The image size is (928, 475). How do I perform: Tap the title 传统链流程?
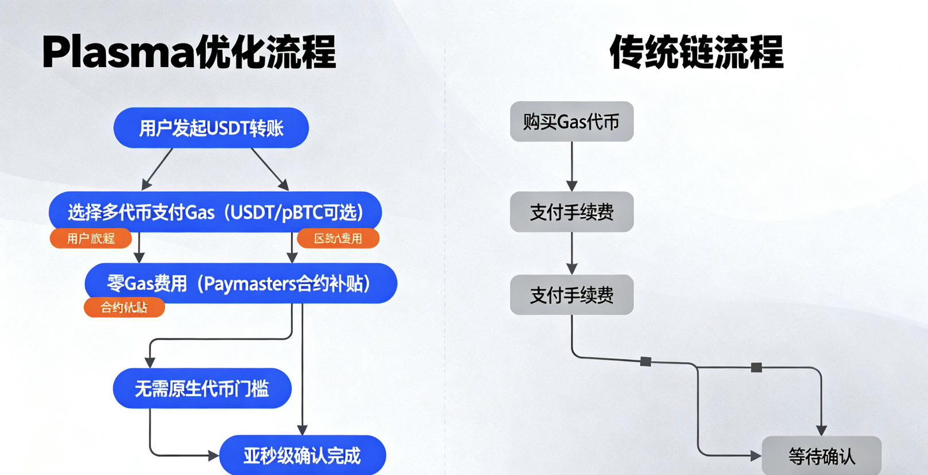696,52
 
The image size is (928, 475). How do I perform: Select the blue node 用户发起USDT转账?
211,128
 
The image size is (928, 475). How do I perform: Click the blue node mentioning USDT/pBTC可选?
215,212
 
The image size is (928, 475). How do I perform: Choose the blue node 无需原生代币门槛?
202,389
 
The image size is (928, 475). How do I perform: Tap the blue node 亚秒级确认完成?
302,455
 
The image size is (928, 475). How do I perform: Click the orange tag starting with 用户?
91,239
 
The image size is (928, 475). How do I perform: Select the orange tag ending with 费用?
338,239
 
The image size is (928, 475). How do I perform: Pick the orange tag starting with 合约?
124,307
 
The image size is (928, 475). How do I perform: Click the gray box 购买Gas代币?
571,122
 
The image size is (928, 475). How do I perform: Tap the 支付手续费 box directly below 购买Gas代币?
571,212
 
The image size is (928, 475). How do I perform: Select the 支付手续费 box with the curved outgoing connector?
571,295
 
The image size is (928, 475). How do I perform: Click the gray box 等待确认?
821,457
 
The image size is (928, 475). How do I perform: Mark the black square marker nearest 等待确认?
757,367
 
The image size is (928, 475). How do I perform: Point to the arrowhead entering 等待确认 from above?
821,430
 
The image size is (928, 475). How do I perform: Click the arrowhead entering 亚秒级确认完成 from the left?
213,456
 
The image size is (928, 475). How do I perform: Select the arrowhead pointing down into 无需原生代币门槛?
150,363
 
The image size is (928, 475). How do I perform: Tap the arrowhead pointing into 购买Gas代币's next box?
571,186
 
